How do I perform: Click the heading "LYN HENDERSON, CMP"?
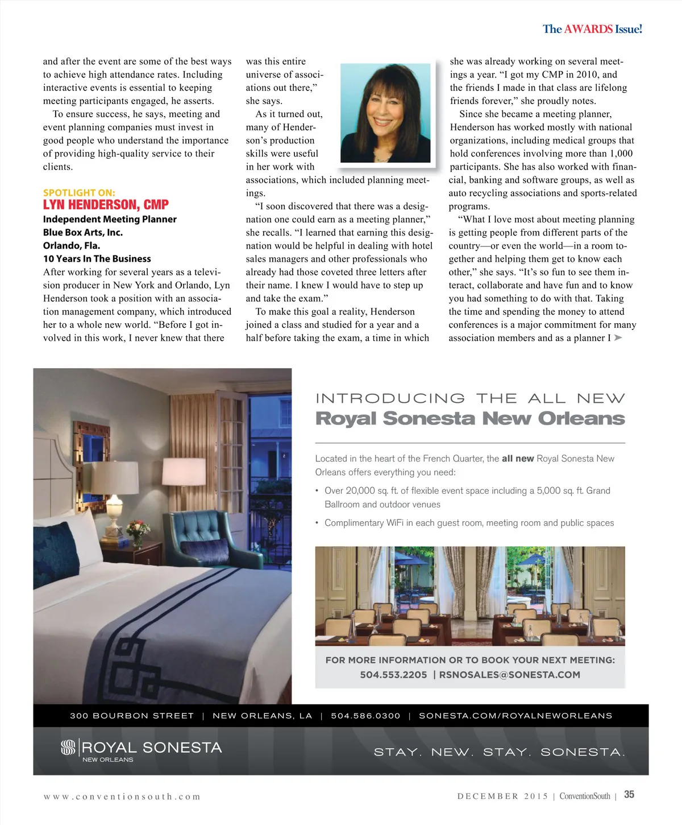(x=106, y=205)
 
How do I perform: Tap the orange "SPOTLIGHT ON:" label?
(x=79, y=193)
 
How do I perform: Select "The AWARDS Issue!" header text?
(x=592, y=29)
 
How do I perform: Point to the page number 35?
(x=629, y=795)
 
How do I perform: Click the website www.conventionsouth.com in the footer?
(x=122, y=797)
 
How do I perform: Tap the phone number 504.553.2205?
(x=393, y=675)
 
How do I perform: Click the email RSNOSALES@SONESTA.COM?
(x=510, y=675)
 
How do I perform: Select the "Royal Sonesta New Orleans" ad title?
(x=470, y=418)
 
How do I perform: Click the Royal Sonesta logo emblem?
(x=68, y=748)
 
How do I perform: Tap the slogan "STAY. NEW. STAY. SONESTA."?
(x=500, y=752)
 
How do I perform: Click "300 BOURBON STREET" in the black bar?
(x=132, y=716)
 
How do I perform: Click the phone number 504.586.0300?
(x=365, y=716)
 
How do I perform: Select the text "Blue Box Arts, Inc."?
(x=83, y=232)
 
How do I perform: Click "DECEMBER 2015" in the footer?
(x=502, y=797)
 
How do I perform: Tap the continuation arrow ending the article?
(x=618, y=338)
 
